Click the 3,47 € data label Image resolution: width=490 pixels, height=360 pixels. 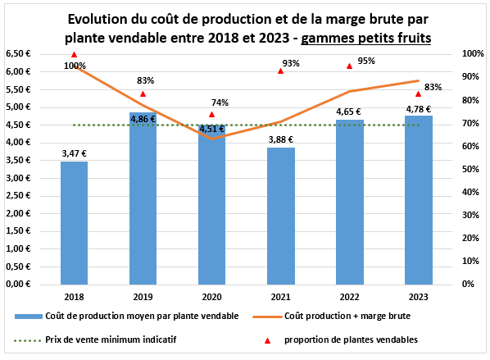(x=75, y=153)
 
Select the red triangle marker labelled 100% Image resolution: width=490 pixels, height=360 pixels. (x=75, y=55)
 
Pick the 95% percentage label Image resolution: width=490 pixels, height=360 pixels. (x=366, y=61)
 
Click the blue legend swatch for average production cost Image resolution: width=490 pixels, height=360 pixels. (x=34, y=316)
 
